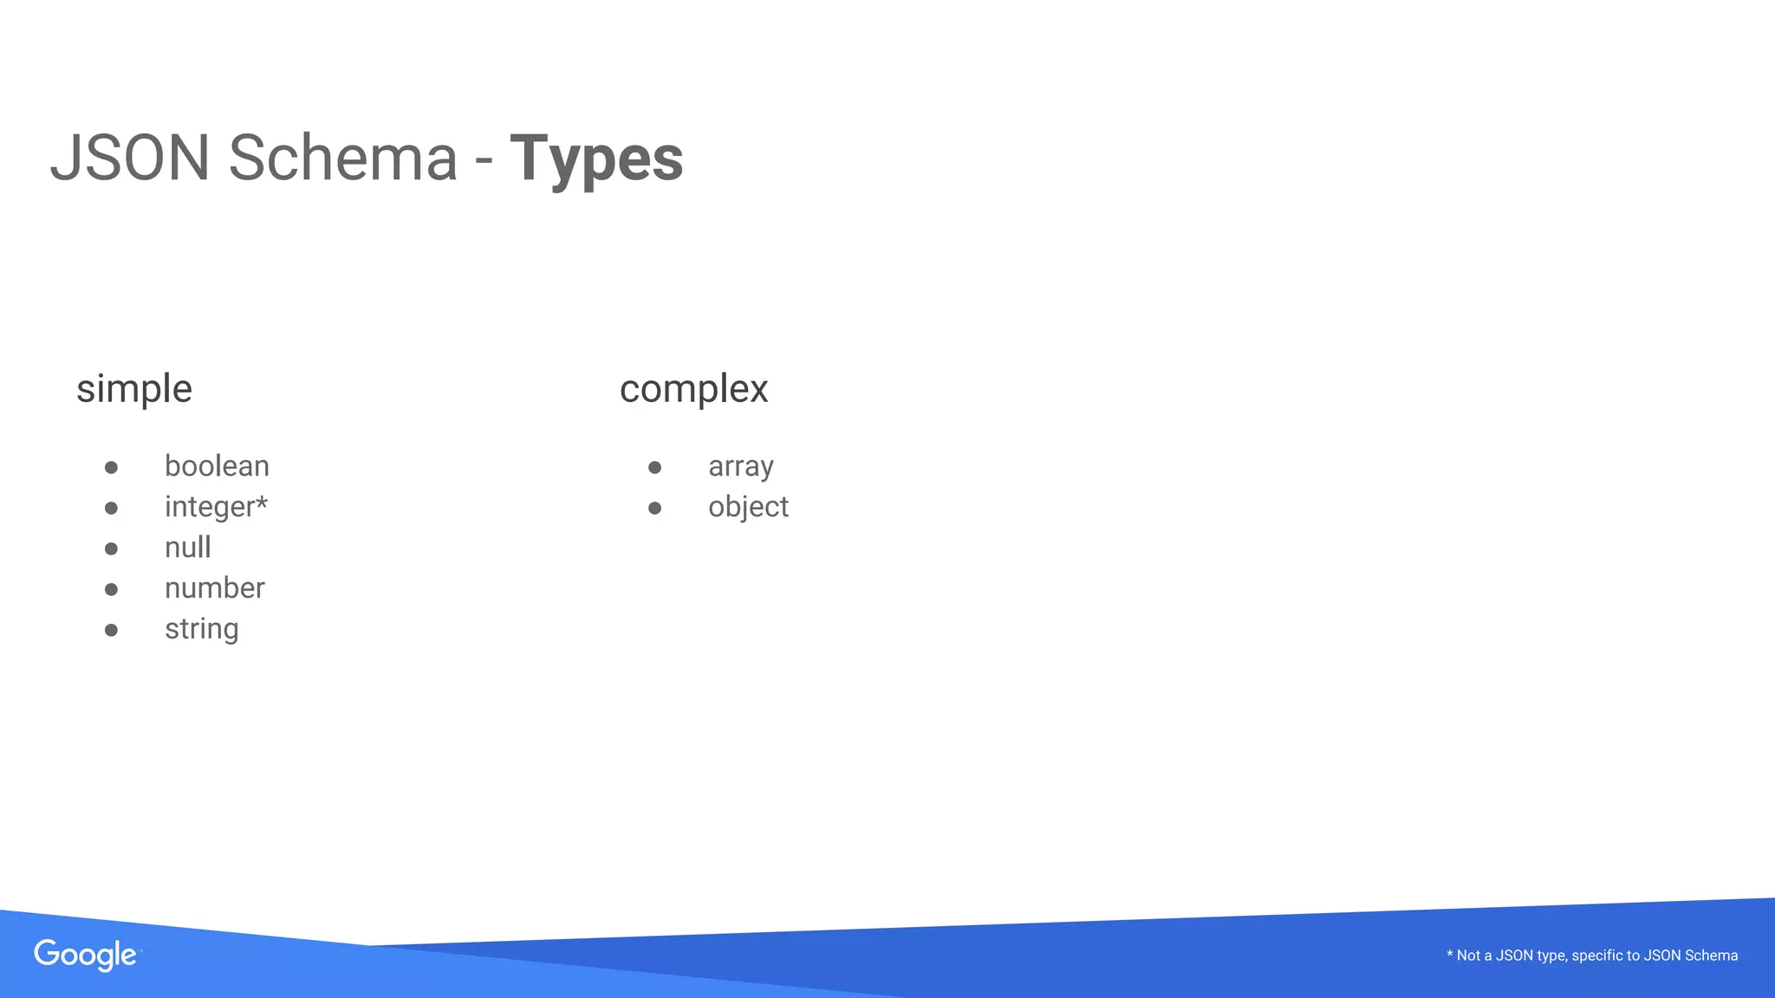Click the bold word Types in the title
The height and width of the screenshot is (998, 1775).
[596, 159]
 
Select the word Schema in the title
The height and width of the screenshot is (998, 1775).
[342, 159]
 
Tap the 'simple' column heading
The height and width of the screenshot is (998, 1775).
[134, 389]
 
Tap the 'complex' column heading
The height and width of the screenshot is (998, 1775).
[693, 389]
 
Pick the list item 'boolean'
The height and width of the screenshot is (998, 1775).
[217, 466]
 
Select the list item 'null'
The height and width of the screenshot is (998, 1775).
[188, 548]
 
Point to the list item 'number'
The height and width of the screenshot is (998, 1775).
[215, 588]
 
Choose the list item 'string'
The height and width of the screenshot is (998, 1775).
[201, 629]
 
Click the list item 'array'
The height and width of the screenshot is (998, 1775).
[740, 467]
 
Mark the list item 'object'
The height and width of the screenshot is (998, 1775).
[748, 507]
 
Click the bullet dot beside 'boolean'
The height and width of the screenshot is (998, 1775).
[111, 468]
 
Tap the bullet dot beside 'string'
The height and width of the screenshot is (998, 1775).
[111, 630]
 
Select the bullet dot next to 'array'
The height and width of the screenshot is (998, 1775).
[654, 468]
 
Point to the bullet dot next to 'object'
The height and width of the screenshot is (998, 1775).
[654, 508]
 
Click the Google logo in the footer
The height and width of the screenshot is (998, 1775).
[86, 955]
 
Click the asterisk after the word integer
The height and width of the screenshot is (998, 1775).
[262, 502]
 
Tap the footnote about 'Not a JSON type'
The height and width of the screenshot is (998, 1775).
[1592, 956]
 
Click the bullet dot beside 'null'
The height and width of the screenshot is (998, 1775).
[111, 548]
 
